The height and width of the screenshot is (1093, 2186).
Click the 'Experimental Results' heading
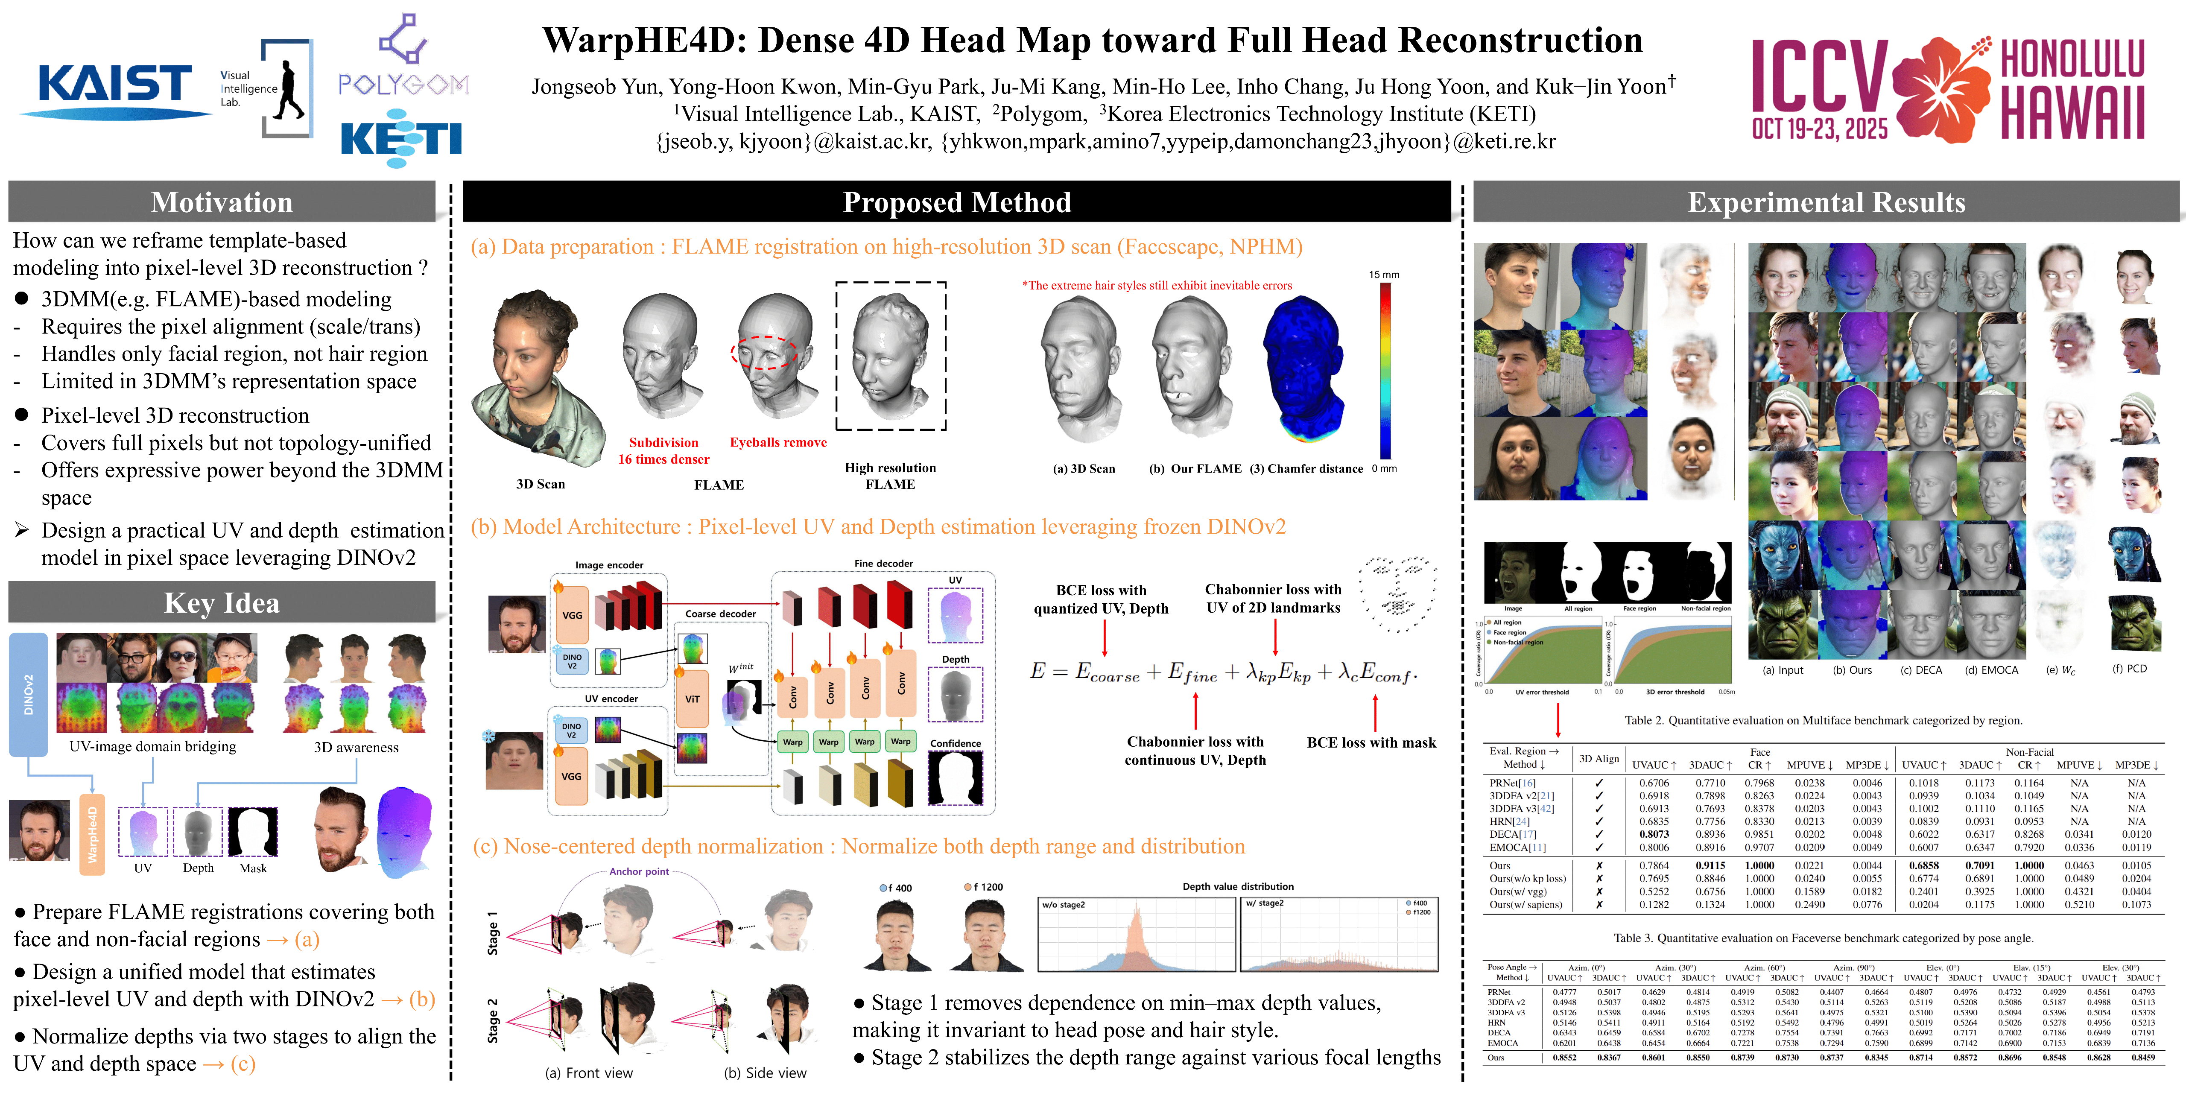point(1825,202)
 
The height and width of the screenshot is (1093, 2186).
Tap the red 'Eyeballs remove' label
point(778,442)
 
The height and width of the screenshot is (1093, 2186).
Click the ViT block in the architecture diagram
point(693,698)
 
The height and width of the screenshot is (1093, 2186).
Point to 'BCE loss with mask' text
point(1371,742)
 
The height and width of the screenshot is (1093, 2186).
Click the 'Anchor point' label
point(639,871)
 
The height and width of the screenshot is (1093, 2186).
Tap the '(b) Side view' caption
point(765,1073)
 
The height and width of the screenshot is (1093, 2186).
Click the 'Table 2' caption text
point(1823,720)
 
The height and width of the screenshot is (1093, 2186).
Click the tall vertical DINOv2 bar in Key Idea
point(28,694)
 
